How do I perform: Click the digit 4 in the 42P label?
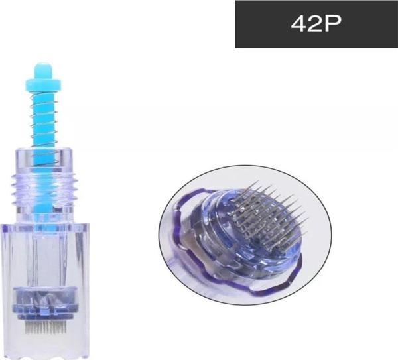point(299,24)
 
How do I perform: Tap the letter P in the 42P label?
point(332,24)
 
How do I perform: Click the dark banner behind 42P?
point(316,24)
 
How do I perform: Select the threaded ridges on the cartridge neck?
point(44,187)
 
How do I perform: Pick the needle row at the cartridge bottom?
point(45,328)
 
